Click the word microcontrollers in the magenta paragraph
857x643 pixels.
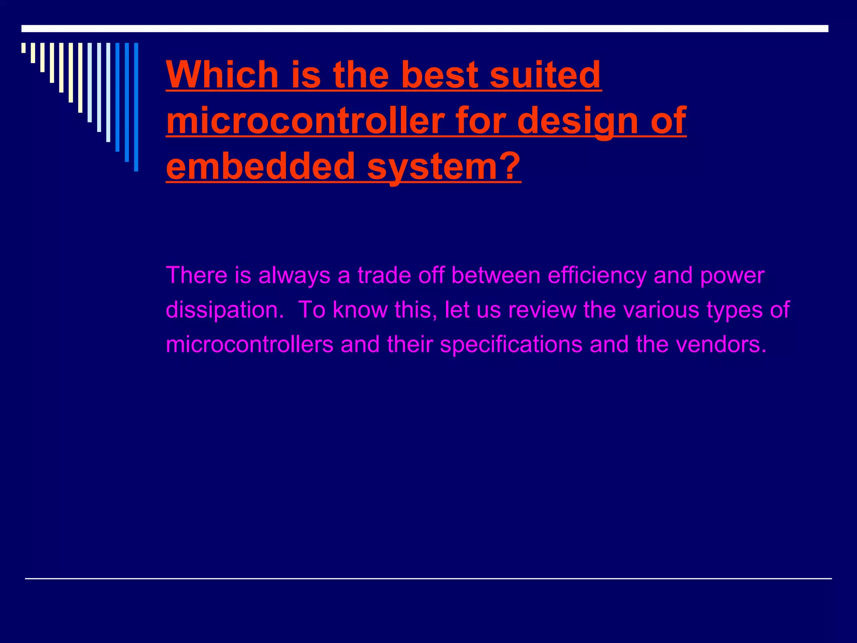pyautogui.click(x=249, y=345)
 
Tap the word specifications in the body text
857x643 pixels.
pyautogui.click(x=511, y=345)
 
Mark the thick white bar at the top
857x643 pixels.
pyautogui.click(x=425, y=28)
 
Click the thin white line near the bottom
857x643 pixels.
pyautogui.click(x=428, y=579)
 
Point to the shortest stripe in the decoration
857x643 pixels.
pyautogui.click(x=23, y=48)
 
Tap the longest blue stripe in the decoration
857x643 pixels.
pyautogui.click(x=136, y=107)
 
